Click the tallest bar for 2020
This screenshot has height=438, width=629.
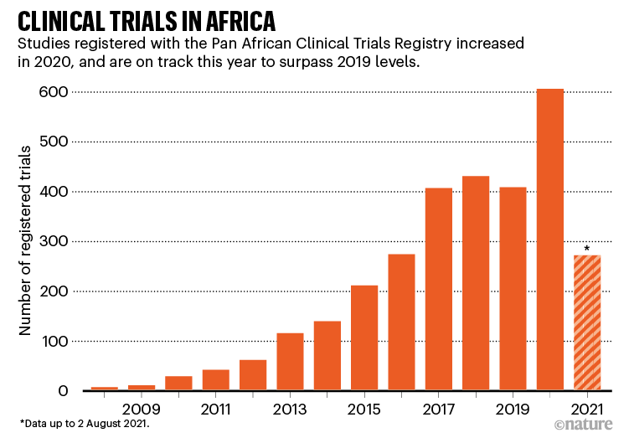click(x=550, y=240)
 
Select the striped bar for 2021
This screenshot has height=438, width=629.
click(x=587, y=323)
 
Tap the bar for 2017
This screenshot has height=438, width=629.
click(x=439, y=290)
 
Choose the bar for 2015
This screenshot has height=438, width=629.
click(x=364, y=338)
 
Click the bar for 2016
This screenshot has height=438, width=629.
click(x=401, y=322)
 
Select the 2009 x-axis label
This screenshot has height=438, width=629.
click(x=142, y=410)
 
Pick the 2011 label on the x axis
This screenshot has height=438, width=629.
click(x=216, y=410)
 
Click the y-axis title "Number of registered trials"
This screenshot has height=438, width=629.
click(x=26, y=241)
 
